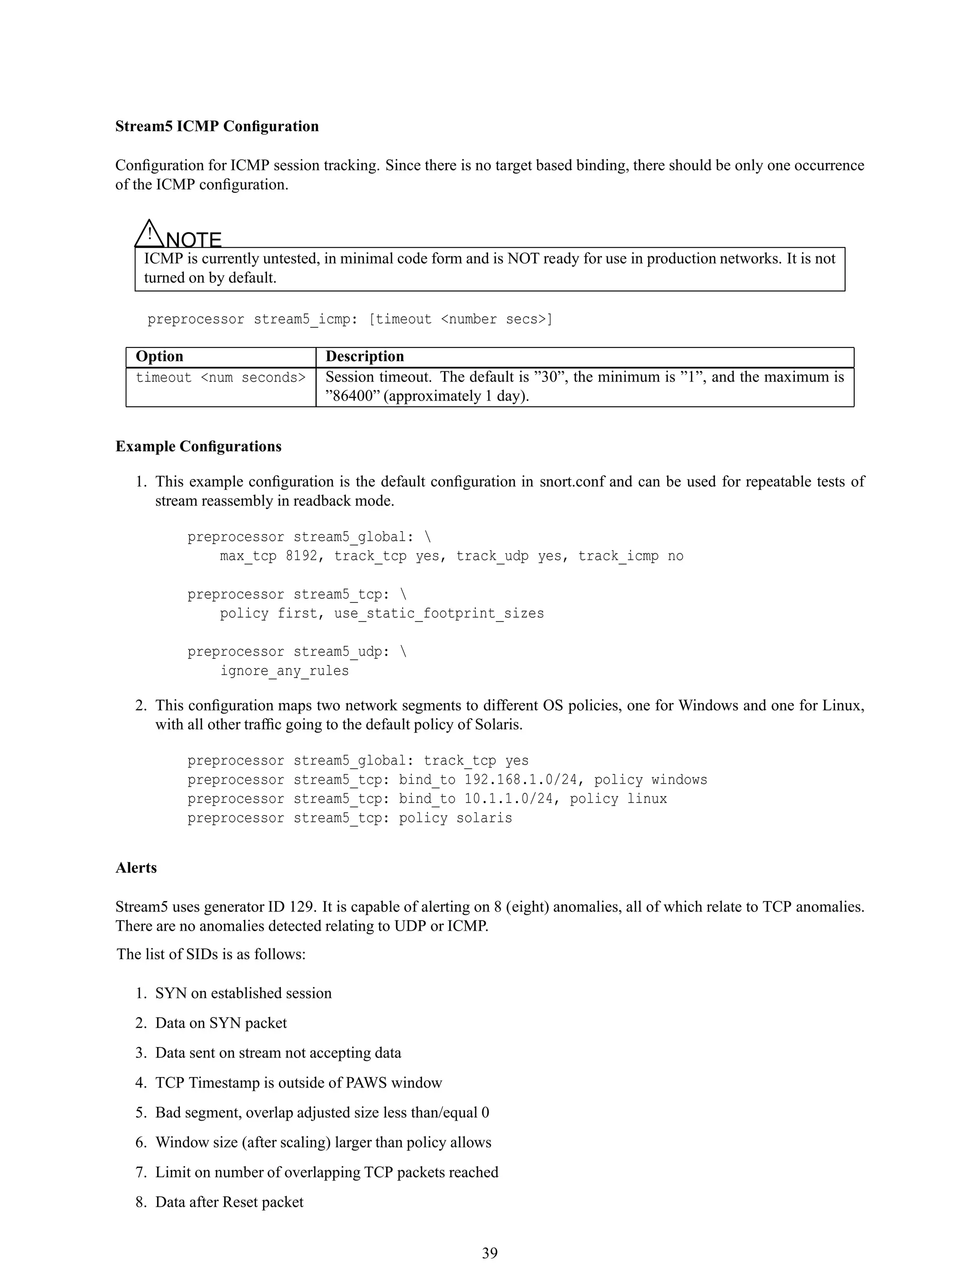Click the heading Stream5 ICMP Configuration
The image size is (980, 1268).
[217, 127]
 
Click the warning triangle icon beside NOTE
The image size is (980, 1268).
[149, 234]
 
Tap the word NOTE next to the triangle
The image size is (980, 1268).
[194, 240]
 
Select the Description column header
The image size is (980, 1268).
[364, 356]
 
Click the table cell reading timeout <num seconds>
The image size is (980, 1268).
[220, 378]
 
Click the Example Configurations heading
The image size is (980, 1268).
[198, 446]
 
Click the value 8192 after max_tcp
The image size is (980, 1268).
[301, 556]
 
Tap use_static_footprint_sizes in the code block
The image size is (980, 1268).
[438, 614]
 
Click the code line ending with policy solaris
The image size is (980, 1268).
[349, 818]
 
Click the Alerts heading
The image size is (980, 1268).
[136, 868]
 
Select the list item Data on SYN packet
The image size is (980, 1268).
[221, 1023]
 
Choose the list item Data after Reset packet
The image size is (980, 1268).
[229, 1202]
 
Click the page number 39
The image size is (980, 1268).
[490, 1253]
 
